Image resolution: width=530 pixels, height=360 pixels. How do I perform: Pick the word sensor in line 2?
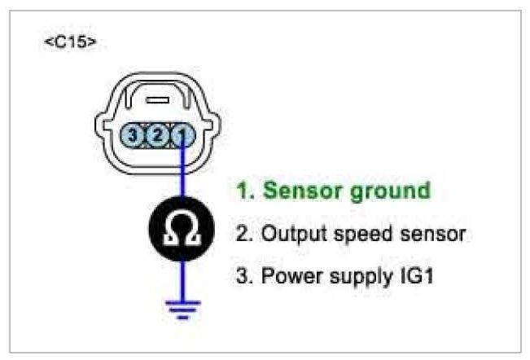click(431, 234)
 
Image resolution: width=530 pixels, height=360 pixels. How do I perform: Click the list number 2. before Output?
click(243, 234)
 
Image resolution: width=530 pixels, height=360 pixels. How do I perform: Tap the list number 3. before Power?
click(243, 275)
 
